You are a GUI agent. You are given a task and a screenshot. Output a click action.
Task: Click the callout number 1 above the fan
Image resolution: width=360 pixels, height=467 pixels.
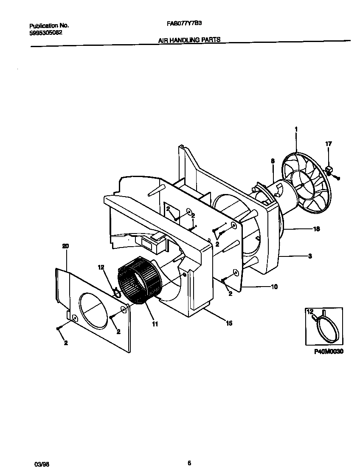coord(296,129)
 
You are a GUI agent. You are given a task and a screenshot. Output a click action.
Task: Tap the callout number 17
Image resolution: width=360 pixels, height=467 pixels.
coord(328,144)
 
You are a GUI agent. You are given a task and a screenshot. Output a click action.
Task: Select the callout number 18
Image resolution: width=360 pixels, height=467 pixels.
coord(316,229)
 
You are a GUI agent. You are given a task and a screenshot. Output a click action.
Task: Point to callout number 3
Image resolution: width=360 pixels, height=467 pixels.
coord(310,256)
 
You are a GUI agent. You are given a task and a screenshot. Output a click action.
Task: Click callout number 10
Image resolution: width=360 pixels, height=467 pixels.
coord(274,287)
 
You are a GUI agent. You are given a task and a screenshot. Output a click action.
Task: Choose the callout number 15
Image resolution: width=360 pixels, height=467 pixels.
coord(229,324)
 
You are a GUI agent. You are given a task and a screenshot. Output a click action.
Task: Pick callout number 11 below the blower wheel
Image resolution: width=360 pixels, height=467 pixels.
coord(155,324)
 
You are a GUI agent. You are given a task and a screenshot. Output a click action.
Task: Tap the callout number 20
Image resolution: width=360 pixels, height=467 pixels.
coord(65,246)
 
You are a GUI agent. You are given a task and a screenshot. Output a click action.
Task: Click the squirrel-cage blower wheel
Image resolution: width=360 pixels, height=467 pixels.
coord(136,281)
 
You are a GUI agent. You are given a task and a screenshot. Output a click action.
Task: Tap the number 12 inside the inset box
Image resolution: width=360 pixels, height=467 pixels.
coord(309,312)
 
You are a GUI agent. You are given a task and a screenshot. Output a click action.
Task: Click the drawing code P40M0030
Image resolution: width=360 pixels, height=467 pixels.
coord(329,352)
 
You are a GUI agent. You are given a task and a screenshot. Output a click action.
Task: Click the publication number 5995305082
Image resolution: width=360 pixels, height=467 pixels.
coord(46,32)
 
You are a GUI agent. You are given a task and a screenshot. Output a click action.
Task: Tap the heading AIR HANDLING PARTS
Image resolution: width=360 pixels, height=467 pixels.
coord(189,39)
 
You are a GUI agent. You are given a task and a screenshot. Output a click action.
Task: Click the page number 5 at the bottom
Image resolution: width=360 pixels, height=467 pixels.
coord(189,451)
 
